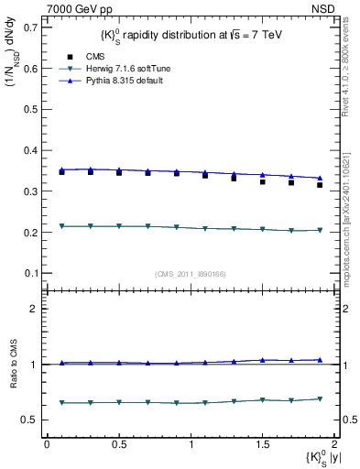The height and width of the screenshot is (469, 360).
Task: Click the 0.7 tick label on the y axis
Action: pos(29,27)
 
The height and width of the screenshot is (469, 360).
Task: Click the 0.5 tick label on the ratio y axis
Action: pos(29,420)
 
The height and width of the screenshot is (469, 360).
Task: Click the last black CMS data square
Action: pos(320,185)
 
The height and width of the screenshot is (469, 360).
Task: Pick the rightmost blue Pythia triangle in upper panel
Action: pos(320,178)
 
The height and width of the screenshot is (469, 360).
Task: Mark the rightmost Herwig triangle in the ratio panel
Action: pos(320,398)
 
